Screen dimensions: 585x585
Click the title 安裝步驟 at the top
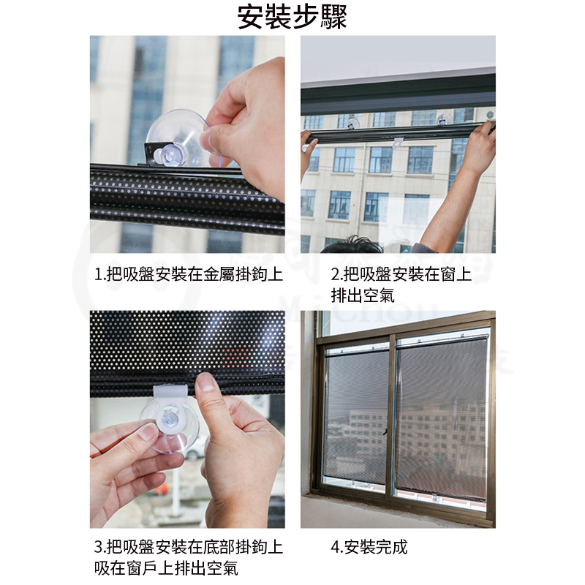point(292,17)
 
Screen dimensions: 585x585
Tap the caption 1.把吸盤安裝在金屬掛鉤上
point(189,275)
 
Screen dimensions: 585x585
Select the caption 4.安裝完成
point(369,547)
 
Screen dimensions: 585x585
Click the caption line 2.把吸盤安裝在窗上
point(401,275)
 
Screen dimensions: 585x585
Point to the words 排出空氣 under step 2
point(363,296)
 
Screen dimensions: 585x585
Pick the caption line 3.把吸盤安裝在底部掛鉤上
point(189,547)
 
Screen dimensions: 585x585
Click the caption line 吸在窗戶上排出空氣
point(166,569)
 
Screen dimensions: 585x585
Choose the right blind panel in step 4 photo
point(442,418)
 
